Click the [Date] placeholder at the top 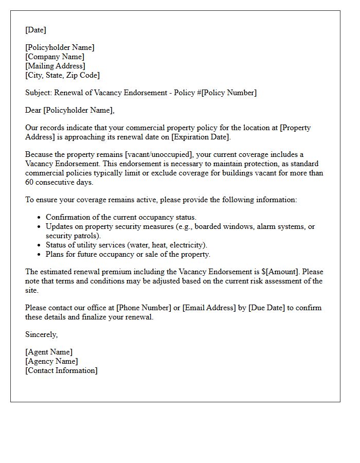pyautogui.click(x=35, y=30)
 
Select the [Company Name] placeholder pyautogui.click(x=55, y=57)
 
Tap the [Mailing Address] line pyautogui.click(x=55, y=66)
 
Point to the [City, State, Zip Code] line pyautogui.click(x=62, y=75)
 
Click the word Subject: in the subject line pyautogui.click(x=39, y=93)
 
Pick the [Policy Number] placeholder pyautogui.click(x=229, y=93)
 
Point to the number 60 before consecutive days pyautogui.click(x=30, y=182)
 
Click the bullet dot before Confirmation pyautogui.click(x=39, y=218)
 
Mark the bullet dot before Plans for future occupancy pyautogui.click(x=39, y=255)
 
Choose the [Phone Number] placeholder pyautogui.click(x=143, y=308)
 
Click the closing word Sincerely pyautogui.click(x=41, y=334)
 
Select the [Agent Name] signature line pyautogui.click(x=49, y=352)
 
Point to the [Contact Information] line pyautogui.click(x=61, y=370)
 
